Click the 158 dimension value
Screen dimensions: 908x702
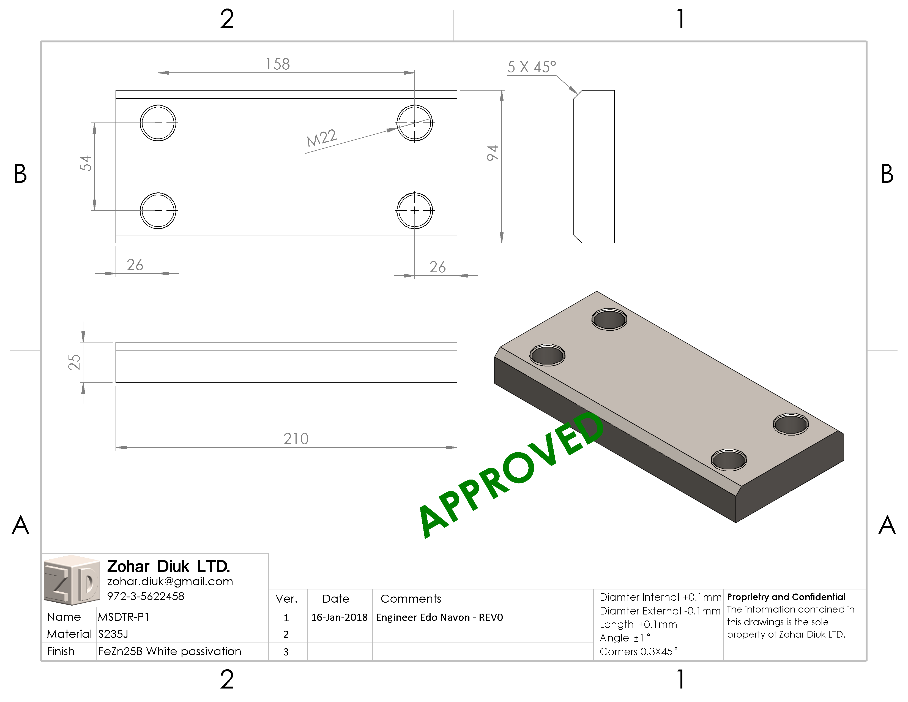tap(278, 64)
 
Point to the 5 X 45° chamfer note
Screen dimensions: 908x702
tap(531, 67)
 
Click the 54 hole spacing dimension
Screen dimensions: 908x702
tap(85, 163)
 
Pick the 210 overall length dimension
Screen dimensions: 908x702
tap(296, 439)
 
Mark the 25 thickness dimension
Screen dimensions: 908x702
tap(74, 362)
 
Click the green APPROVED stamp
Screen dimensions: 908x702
tap(512, 474)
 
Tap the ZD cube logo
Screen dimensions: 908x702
tap(72, 580)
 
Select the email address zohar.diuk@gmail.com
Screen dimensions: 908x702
tap(170, 581)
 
